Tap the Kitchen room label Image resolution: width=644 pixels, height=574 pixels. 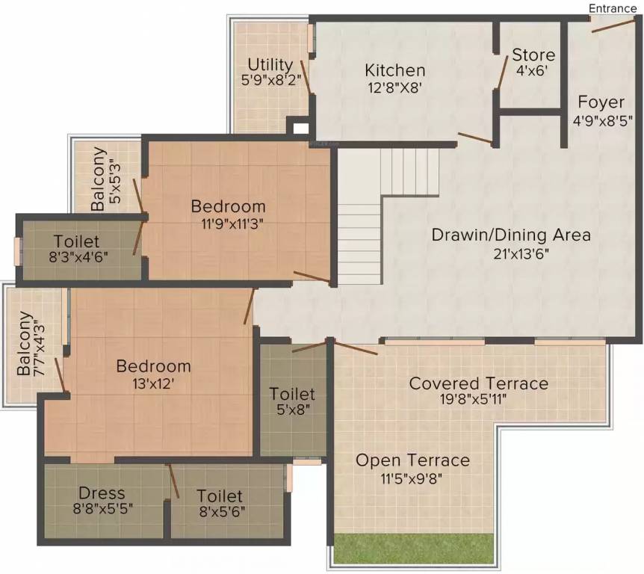[394, 70]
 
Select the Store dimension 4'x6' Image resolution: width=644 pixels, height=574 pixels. [533, 72]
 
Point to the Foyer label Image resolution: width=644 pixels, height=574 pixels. [601, 102]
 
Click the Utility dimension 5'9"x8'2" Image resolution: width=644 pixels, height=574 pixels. [270, 81]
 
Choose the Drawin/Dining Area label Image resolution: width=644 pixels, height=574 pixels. [511, 235]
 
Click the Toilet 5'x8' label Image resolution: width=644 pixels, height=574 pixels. [292, 401]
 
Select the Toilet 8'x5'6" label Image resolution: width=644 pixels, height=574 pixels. [220, 504]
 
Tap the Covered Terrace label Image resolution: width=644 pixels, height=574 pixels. [478, 383]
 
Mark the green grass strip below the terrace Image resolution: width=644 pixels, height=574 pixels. [413, 548]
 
